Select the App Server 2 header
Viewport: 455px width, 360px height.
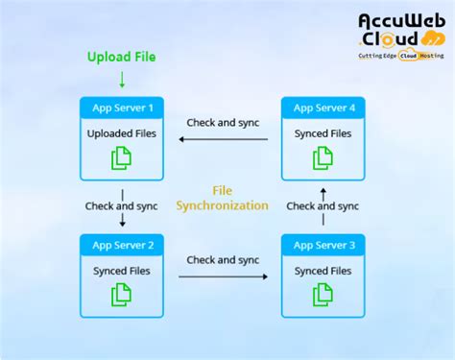point(121,246)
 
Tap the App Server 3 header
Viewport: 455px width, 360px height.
point(323,246)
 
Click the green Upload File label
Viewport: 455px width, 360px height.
point(121,58)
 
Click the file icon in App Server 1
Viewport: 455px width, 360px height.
point(121,156)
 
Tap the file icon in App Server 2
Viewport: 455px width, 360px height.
point(121,295)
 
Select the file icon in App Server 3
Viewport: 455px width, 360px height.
point(323,295)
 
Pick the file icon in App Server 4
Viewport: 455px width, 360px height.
point(323,156)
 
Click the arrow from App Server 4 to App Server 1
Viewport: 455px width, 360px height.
point(223,139)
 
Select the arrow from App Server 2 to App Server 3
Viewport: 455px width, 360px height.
point(223,277)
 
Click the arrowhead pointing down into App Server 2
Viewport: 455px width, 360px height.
point(121,223)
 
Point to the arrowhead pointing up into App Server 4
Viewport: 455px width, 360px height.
point(323,189)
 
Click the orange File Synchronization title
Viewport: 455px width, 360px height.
point(223,198)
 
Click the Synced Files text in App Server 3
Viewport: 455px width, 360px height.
point(323,271)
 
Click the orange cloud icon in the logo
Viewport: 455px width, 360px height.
point(431,38)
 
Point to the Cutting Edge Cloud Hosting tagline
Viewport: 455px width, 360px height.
point(401,56)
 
